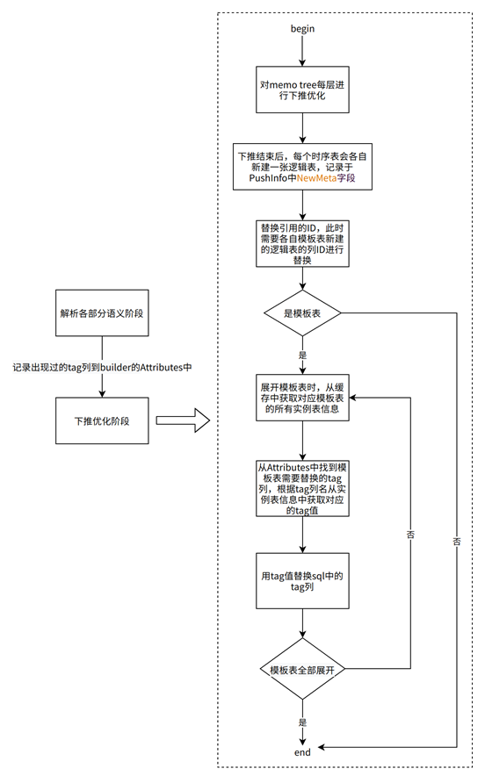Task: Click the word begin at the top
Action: pyautogui.click(x=302, y=29)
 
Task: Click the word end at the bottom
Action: pyautogui.click(x=302, y=752)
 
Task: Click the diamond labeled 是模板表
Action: pyautogui.click(x=302, y=312)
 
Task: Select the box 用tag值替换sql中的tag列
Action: pyautogui.click(x=302, y=580)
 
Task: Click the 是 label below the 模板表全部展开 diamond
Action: pyautogui.click(x=302, y=722)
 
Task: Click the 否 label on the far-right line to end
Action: pyautogui.click(x=457, y=541)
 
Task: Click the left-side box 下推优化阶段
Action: pyautogui.click(x=103, y=422)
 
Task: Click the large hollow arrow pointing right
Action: pyautogui.click(x=185, y=422)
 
